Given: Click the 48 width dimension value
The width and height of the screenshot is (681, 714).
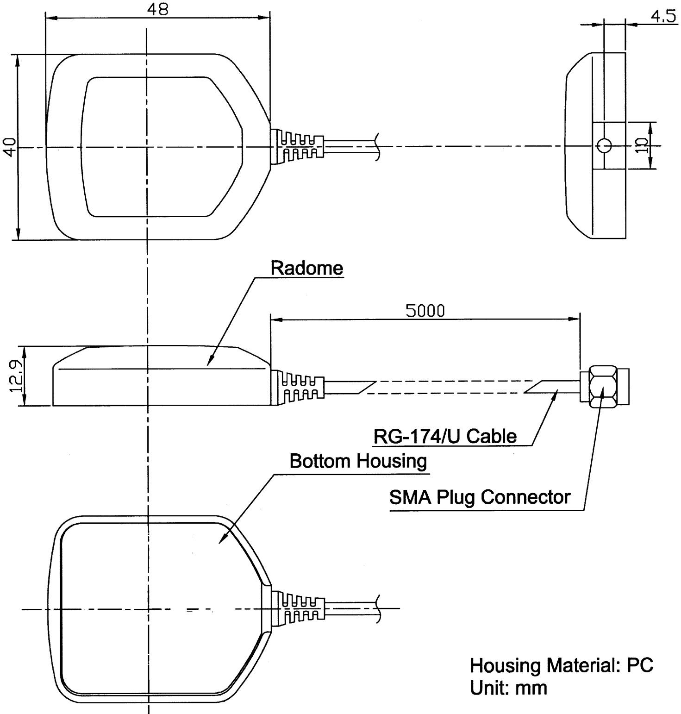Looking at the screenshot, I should coord(158,9).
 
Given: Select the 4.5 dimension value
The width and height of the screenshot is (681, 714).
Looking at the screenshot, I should coord(662,17).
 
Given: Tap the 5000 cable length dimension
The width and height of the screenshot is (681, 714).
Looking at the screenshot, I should coord(425,311).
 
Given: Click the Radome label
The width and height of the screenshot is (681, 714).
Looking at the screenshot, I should coord(307,269).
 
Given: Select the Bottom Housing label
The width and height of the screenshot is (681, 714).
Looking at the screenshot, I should coord(358,461).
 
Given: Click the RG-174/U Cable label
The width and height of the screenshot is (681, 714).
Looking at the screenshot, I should coord(444,436).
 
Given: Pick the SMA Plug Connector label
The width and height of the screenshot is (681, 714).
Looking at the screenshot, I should coord(479,498).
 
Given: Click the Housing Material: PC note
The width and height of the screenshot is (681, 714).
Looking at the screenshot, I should coord(561,666).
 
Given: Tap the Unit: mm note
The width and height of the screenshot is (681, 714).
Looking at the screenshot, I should coord(508,688).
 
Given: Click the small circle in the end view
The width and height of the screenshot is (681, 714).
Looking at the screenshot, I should coord(605,146).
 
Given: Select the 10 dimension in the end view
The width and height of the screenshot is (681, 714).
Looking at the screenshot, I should coord(642,146).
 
